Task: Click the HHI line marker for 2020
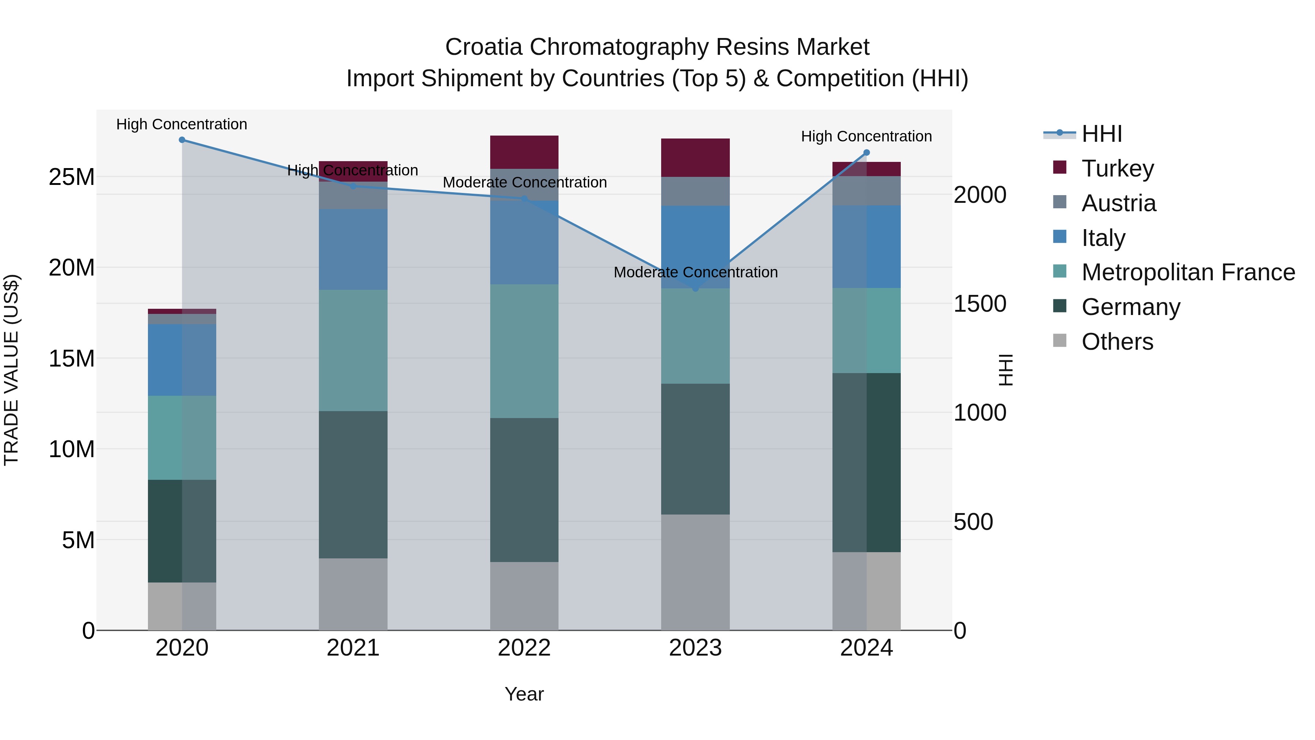click(182, 140)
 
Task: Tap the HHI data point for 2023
click(695, 289)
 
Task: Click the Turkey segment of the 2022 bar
click(524, 152)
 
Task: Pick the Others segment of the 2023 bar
click(695, 572)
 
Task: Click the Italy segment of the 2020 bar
click(182, 360)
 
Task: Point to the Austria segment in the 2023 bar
click(695, 191)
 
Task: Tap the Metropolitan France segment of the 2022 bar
click(524, 351)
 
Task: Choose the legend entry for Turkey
click(1117, 168)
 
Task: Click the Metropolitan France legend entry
click(1188, 272)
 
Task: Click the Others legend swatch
click(1060, 341)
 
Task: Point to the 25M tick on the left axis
click(72, 177)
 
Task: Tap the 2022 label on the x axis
click(524, 648)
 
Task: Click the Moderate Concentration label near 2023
click(695, 272)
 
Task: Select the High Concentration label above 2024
click(866, 136)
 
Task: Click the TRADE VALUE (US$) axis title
click(11, 370)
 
